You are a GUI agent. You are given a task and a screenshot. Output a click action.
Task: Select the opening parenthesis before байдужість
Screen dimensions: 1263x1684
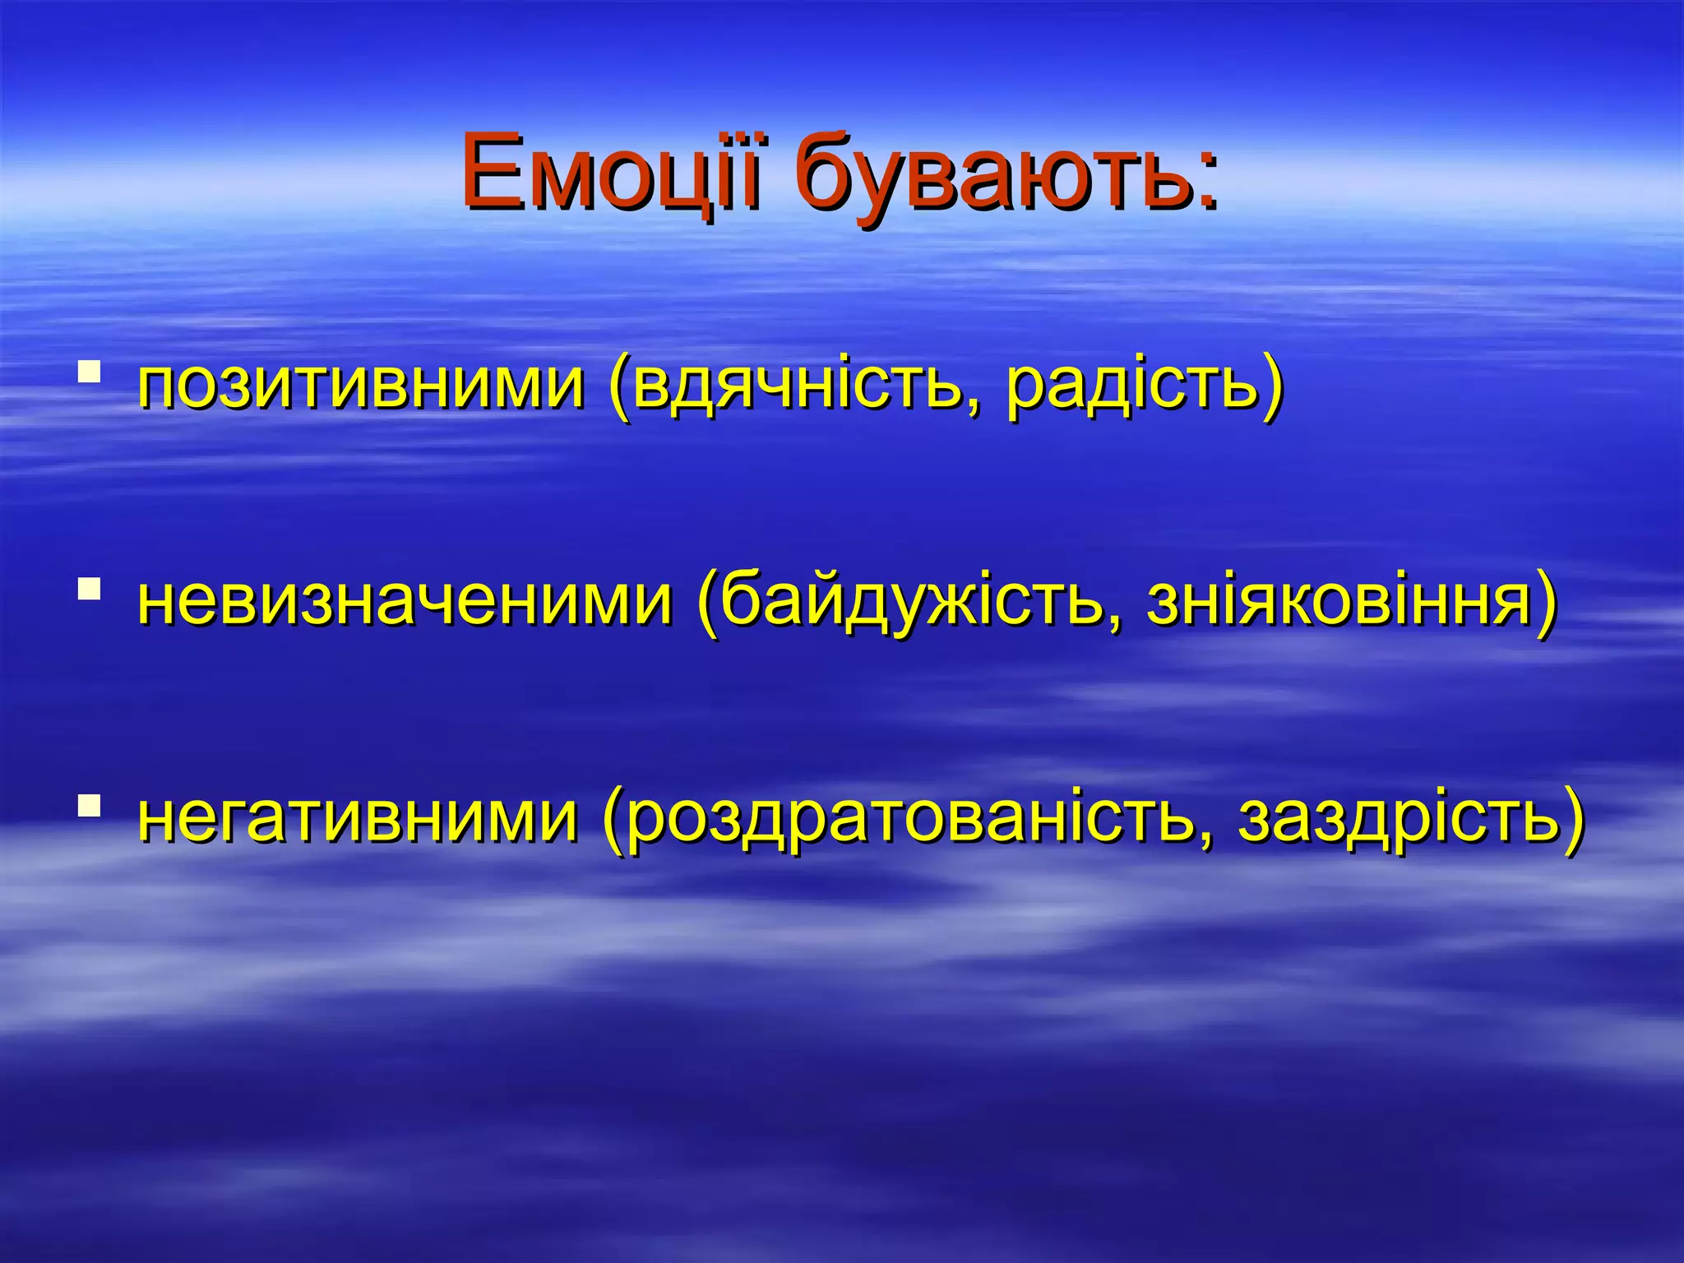pyautogui.click(x=708, y=604)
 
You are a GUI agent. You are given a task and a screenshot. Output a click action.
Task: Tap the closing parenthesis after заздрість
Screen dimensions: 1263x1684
pyautogui.click(x=1573, y=821)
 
